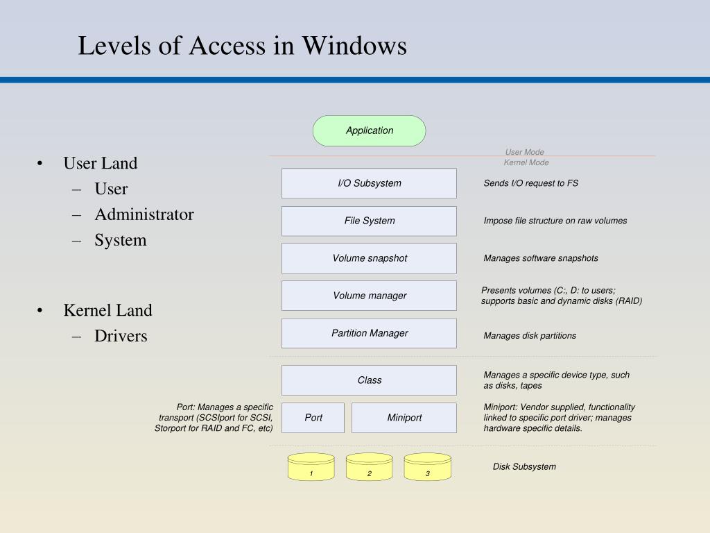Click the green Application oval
coord(369,130)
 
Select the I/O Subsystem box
coord(369,183)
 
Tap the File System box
coord(369,221)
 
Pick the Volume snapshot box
coord(369,258)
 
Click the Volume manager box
coord(369,296)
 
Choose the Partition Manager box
coord(369,333)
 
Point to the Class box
coord(369,380)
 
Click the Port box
coord(313,418)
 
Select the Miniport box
coord(404,418)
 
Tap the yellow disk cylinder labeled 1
coord(311,468)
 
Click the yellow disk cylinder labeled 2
coord(370,468)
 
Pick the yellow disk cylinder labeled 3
coord(428,468)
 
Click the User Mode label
coord(524,152)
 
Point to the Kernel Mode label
coord(526,162)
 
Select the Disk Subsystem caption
coord(524,466)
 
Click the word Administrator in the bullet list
coord(144,214)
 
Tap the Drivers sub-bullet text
coord(121,336)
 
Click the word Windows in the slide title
coord(354,46)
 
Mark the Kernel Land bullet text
coord(107,310)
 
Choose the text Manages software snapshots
coord(541,258)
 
